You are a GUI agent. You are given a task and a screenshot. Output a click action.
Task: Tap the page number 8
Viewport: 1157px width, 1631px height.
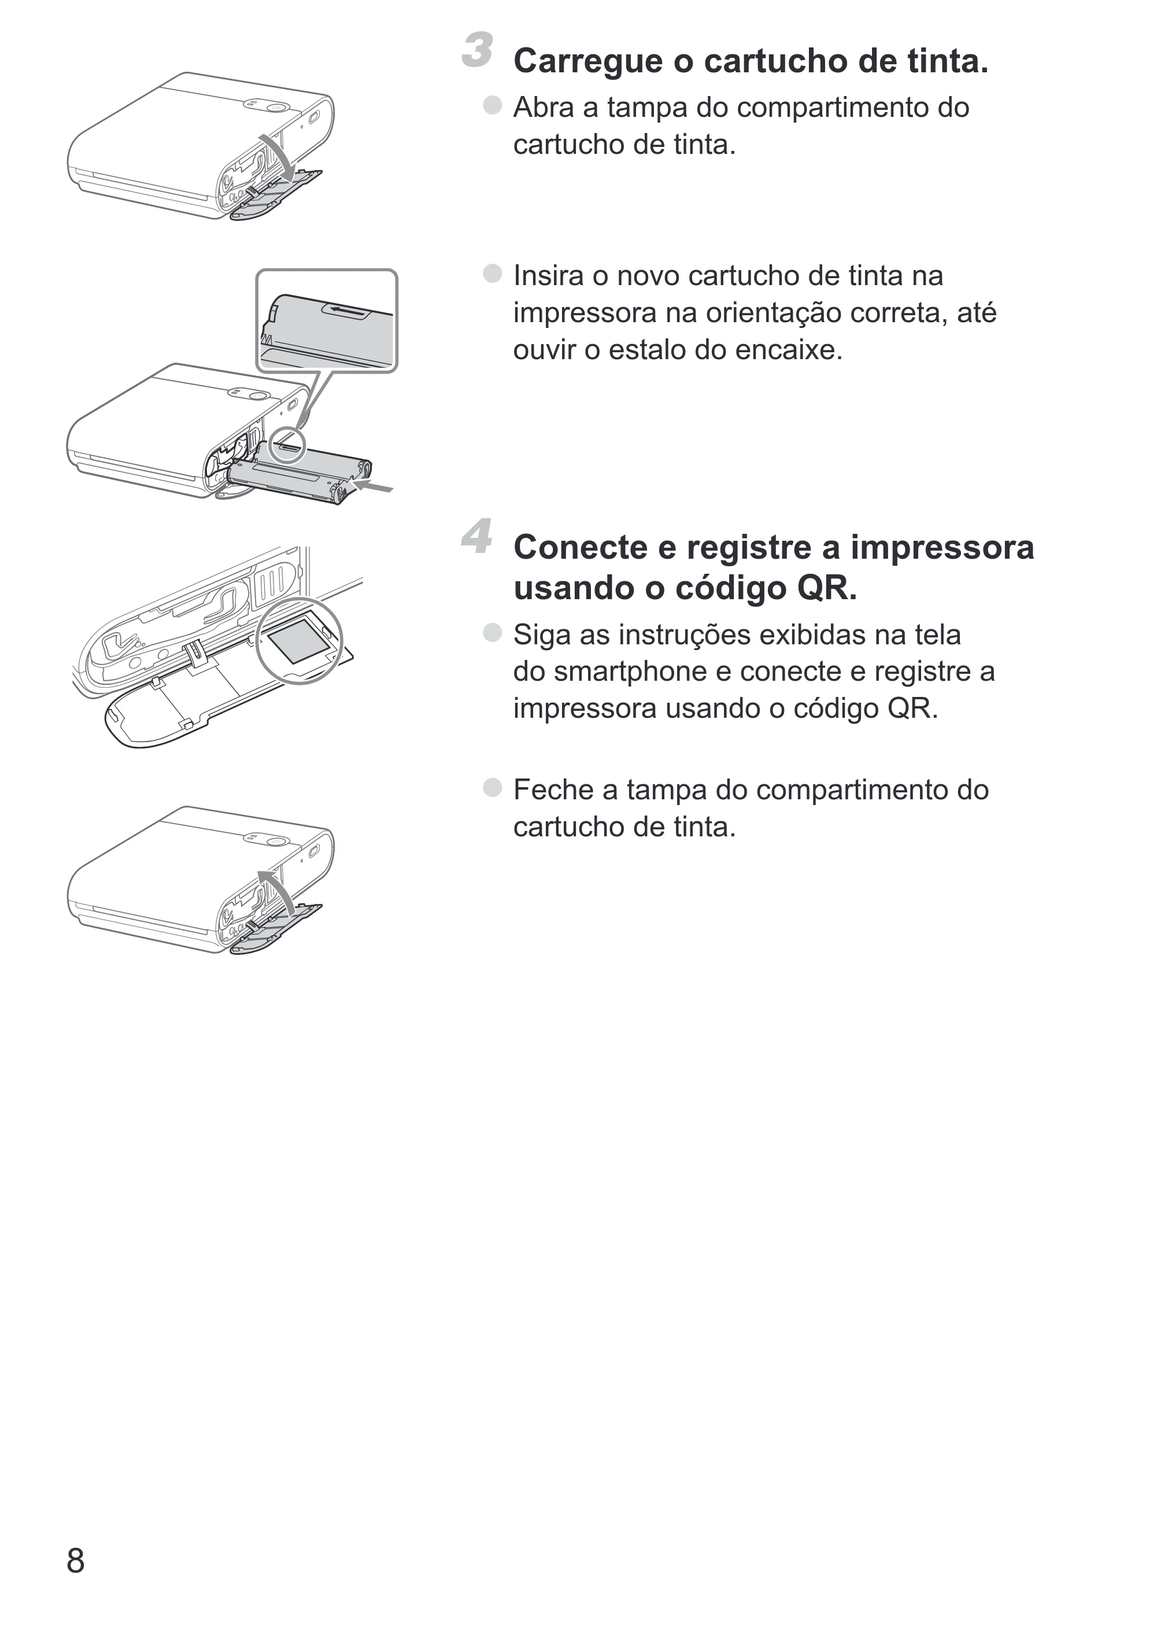(76, 1560)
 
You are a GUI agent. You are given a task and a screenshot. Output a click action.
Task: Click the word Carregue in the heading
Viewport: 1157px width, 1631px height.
(589, 62)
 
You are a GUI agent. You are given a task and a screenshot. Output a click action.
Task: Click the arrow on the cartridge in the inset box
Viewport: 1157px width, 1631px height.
(349, 311)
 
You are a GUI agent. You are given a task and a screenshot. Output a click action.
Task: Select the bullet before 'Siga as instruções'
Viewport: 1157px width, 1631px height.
(492, 633)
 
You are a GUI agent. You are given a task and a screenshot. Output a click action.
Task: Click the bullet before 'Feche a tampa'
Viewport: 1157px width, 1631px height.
(492, 787)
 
